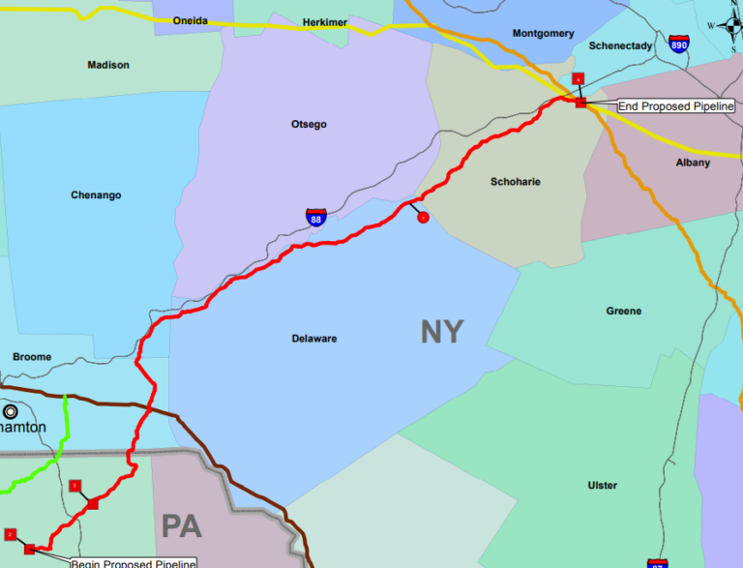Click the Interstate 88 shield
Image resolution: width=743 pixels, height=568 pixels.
316,217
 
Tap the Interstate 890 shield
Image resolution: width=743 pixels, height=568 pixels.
678,45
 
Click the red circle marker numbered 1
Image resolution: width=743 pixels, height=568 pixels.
423,218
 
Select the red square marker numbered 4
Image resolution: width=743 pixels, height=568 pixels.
579,78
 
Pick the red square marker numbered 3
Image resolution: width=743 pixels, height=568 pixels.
75,485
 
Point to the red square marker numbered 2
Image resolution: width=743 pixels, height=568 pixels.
11,533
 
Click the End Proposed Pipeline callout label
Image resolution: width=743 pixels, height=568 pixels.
676,105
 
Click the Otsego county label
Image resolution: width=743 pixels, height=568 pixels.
309,125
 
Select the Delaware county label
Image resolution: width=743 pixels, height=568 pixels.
313,339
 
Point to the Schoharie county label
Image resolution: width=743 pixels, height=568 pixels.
516,182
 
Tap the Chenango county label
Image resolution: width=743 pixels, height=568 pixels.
96,195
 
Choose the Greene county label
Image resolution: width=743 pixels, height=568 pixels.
623,312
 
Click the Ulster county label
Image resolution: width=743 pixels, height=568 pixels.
602,485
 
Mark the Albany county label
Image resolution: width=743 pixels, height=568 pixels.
693,163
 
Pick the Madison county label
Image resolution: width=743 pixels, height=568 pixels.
107,65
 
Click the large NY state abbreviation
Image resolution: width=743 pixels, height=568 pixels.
442,332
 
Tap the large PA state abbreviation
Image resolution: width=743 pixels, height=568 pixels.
181,526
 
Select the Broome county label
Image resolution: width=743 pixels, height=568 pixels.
32,357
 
